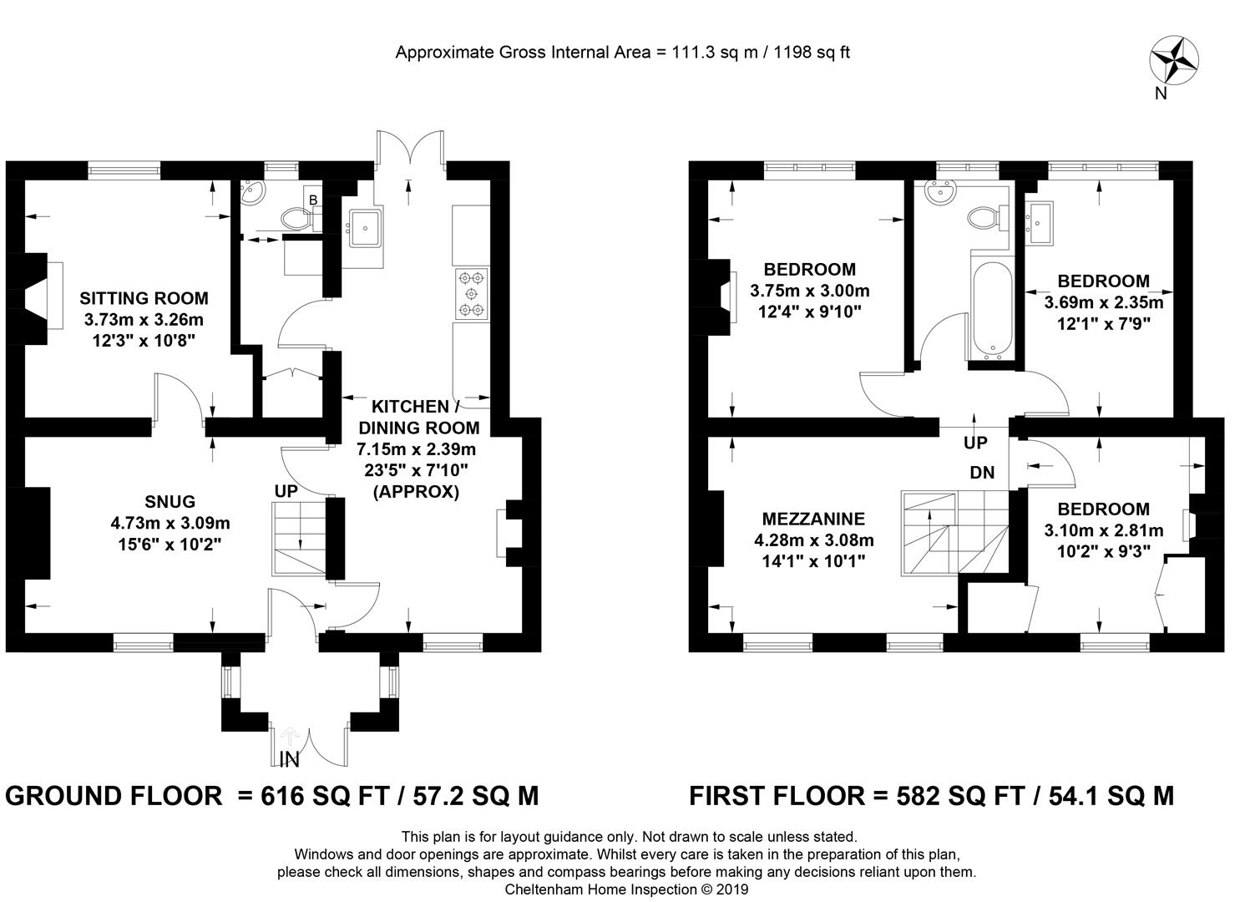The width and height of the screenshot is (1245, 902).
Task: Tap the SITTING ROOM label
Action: point(144,298)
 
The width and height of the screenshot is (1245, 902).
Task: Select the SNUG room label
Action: point(170,502)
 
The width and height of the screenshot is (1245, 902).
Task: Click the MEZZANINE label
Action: point(813,519)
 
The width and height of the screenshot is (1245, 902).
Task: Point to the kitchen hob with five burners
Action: point(471,294)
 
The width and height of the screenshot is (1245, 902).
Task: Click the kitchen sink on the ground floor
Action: point(365,228)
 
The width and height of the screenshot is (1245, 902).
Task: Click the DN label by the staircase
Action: point(982,473)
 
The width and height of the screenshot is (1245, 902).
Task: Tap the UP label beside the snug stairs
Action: point(286,491)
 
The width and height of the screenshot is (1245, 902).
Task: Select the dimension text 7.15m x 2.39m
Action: point(417,449)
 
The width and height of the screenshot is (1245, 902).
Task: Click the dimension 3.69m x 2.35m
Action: point(1104,302)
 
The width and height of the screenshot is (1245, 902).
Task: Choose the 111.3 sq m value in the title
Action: point(716,53)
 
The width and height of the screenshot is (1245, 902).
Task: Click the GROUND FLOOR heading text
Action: point(114,796)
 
